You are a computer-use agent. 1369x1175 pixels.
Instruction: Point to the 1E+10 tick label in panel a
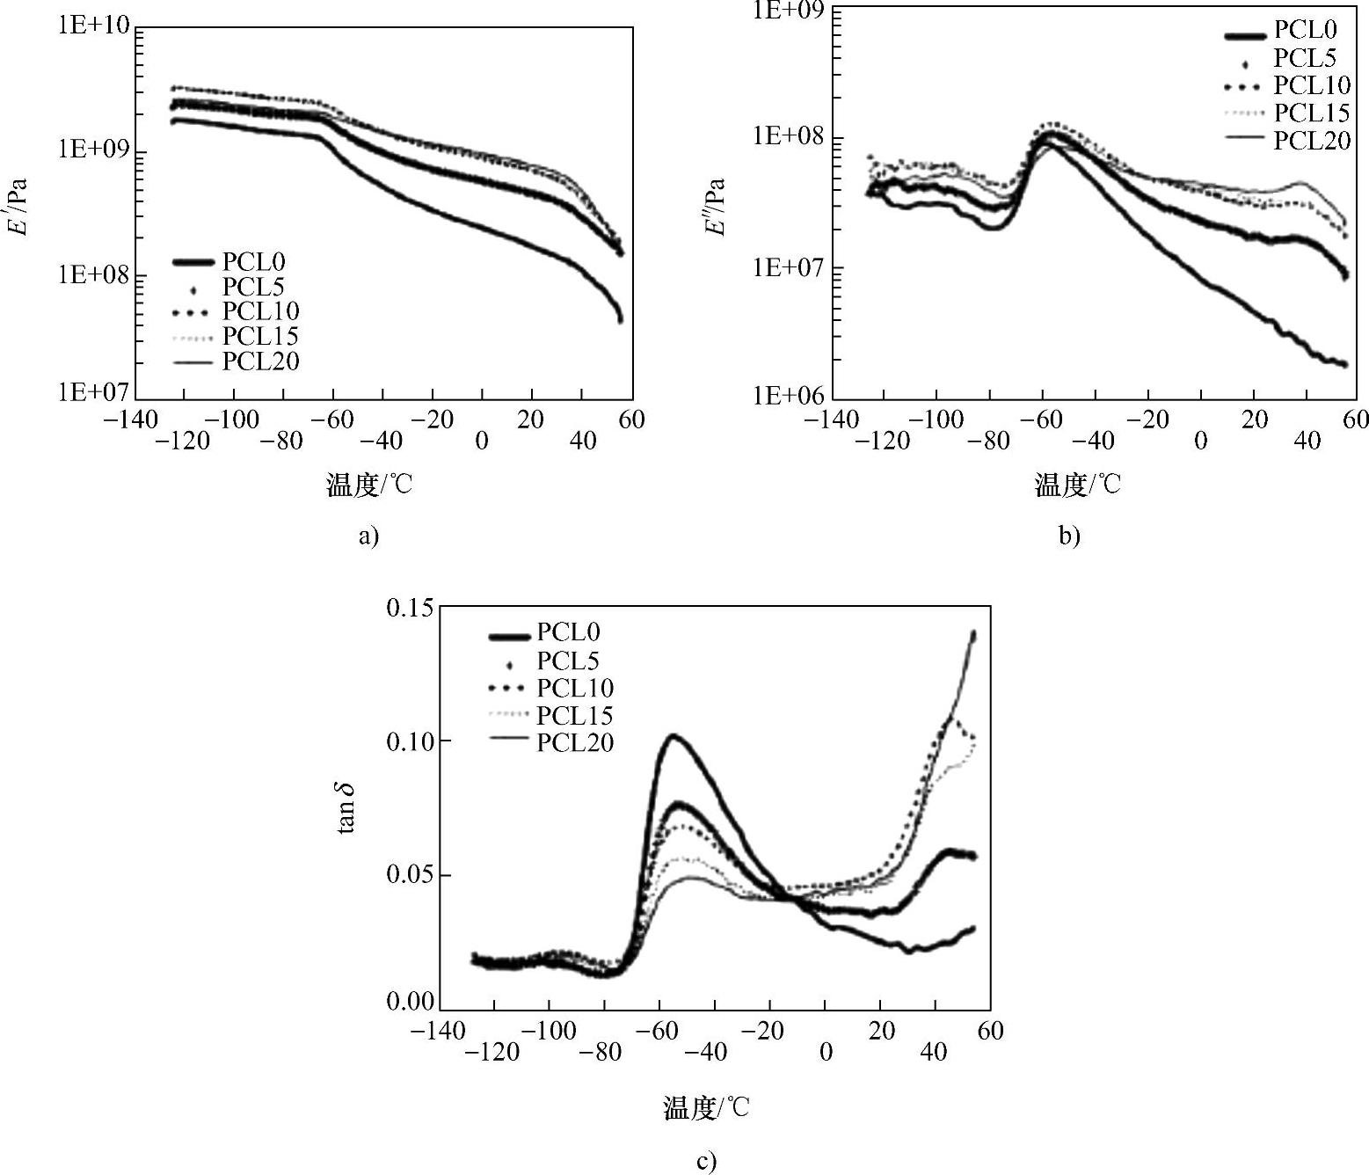click(93, 26)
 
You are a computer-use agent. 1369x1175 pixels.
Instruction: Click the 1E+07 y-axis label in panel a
click(93, 390)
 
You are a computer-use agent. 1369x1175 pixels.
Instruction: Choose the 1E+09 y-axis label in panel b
click(789, 11)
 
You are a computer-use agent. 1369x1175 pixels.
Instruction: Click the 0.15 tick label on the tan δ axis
click(410, 608)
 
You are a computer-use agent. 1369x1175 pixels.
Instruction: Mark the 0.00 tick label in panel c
click(410, 1002)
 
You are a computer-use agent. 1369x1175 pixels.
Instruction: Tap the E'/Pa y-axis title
click(18, 208)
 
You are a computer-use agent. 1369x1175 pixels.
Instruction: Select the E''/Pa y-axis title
click(717, 208)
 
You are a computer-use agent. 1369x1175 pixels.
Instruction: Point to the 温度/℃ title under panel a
click(368, 485)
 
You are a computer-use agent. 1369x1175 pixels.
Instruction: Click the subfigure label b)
click(1069, 536)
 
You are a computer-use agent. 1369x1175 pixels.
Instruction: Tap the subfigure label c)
click(706, 1162)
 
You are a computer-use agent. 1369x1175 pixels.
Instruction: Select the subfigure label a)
click(368, 536)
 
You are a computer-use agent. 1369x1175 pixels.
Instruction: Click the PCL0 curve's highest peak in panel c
click(674, 735)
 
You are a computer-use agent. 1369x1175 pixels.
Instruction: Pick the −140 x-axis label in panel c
click(439, 1030)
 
